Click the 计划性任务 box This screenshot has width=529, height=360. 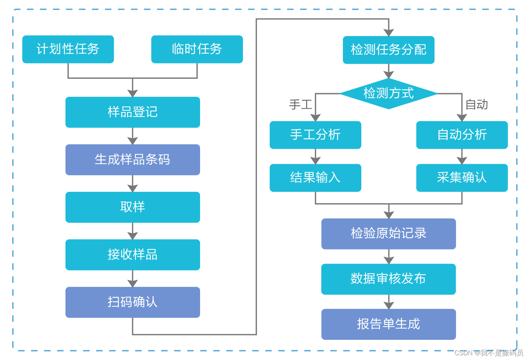tap(68, 49)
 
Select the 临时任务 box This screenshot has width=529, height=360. tap(197, 49)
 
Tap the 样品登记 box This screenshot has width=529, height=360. tap(132, 112)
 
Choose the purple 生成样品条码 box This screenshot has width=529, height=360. tap(132, 159)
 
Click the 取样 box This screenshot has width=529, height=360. tap(132, 207)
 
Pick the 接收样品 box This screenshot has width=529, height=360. tap(132, 255)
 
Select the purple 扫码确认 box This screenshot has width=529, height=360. tap(132, 302)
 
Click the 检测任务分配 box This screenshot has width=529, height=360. tap(388, 50)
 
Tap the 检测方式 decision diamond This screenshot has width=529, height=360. tap(388, 94)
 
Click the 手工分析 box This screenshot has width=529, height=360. tap(315, 135)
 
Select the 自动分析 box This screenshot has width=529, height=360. tap(462, 135)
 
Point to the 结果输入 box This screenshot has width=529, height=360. tap(315, 178)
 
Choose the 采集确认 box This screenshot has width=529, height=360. tap(462, 178)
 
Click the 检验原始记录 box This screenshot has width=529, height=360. tap(388, 234)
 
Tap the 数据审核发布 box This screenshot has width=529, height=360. tap(388, 279)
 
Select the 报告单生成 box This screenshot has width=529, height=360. tap(388, 324)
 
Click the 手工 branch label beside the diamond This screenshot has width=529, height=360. tap(300, 105)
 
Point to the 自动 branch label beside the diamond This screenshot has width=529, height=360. tap(476, 105)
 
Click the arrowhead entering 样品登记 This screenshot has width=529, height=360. tap(132, 93)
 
